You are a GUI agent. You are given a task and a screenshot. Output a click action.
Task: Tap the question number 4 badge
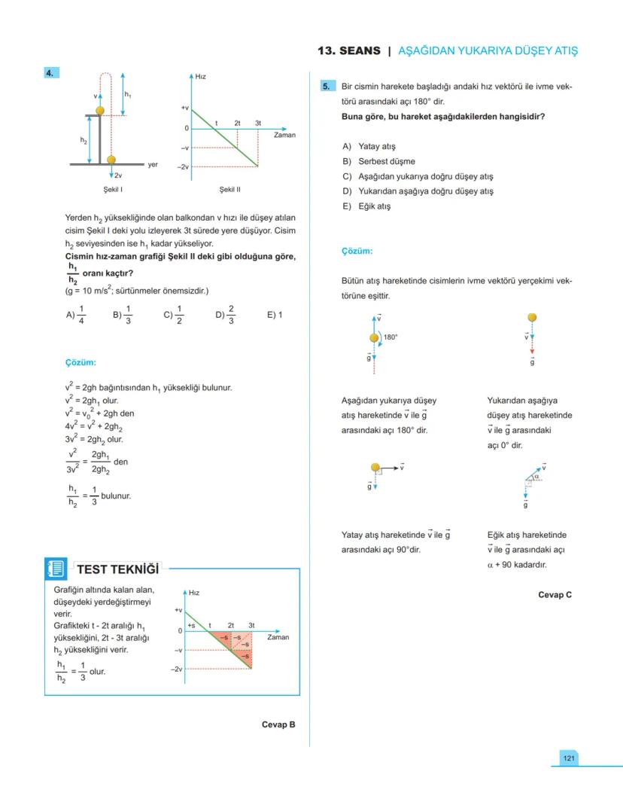pyautogui.click(x=50, y=73)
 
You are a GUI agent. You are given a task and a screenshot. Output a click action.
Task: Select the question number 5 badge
pyautogui.click(x=327, y=87)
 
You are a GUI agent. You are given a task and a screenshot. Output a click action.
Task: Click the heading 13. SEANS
pyautogui.click(x=349, y=50)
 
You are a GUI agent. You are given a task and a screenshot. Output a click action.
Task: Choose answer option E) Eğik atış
pyautogui.click(x=366, y=206)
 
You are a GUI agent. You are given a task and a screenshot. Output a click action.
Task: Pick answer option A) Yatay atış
pyautogui.click(x=369, y=146)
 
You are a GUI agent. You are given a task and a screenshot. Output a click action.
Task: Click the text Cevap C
pyautogui.click(x=555, y=595)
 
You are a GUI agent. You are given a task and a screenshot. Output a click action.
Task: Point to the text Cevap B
pyautogui.click(x=278, y=724)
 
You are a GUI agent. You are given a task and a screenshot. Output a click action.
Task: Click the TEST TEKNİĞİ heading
pyautogui.click(x=118, y=569)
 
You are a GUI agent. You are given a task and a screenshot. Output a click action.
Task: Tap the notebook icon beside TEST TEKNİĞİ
pyautogui.click(x=56, y=569)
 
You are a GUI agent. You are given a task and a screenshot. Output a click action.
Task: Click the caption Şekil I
pyautogui.click(x=113, y=190)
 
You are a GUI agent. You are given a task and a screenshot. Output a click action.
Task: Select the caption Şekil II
pyautogui.click(x=229, y=190)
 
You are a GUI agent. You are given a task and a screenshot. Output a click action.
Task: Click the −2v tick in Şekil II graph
pyautogui.click(x=183, y=166)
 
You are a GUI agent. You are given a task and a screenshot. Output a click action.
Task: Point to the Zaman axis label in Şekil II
pyautogui.click(x=284, y=136)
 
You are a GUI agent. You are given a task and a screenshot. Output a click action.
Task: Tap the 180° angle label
pyautogui.click(x=391, y=337)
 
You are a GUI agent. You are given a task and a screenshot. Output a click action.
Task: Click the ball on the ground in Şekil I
pyautogui.click(x=111, y=160)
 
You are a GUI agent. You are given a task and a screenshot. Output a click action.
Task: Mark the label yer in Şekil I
pyautogui.click(x=153, y=164)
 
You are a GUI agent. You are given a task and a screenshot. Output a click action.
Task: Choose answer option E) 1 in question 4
pyautogui.click(x=275, y=315)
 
